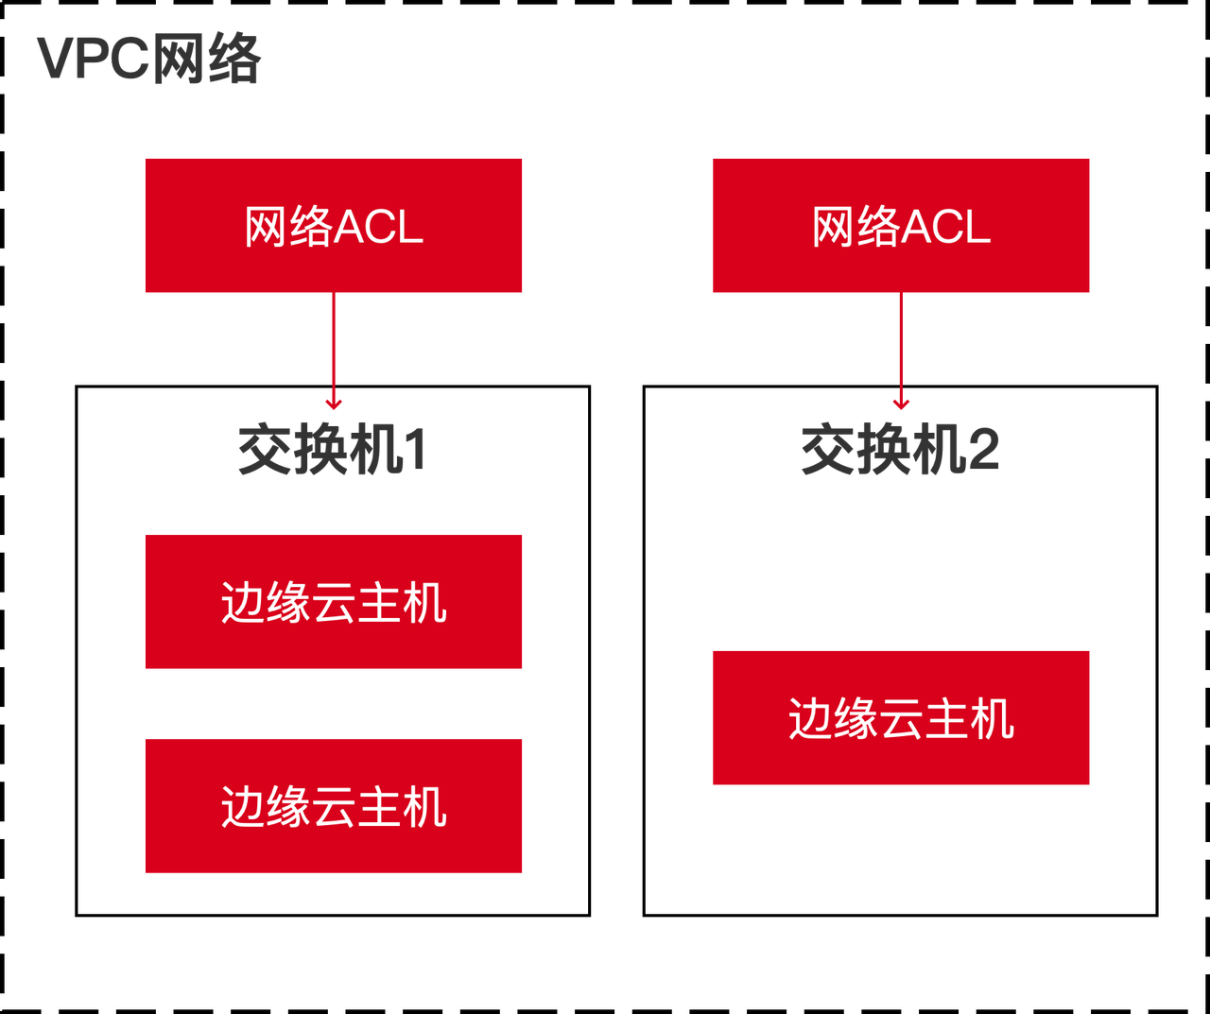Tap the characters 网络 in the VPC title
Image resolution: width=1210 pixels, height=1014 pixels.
tap(206, 59)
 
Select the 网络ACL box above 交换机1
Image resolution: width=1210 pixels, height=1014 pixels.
tap(334, 225)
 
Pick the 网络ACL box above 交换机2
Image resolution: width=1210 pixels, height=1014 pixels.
tap(901, 225)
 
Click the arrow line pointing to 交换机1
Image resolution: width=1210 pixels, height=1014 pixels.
tap(334, 345)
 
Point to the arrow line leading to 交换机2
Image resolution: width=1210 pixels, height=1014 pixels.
tap(901, 345)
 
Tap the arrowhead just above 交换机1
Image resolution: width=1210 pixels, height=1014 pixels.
tap(334, 404)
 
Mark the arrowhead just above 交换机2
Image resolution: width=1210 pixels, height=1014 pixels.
tap(901, 404)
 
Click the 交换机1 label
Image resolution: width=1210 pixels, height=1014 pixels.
tap(331, 450)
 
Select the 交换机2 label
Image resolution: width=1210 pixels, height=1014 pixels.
tap(900, 450)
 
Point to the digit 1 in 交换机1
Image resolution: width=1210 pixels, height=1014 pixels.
tap(415, 450)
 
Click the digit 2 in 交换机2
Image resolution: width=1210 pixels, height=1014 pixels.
tap(983, 450)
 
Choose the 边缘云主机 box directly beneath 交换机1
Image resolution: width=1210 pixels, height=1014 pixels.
tap(334, 602)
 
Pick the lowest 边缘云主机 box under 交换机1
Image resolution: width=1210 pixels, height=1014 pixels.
tap(334, 805)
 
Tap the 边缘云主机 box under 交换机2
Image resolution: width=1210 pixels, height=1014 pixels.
tap(901, 717)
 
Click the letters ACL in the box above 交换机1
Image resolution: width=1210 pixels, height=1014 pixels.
tap(379, 227)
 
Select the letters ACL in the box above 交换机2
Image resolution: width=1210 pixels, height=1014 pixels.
tap(946, 227)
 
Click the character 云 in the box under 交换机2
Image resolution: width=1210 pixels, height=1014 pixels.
tap(901, 718)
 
